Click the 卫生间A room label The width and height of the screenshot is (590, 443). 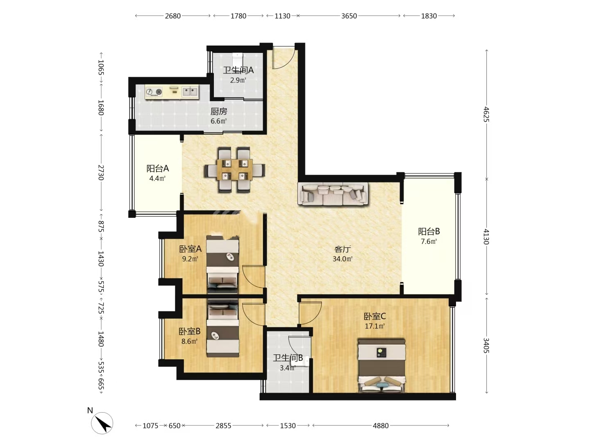[238, 70]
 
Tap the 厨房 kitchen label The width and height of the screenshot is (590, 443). [218, 111]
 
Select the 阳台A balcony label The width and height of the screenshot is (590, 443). [157, 168]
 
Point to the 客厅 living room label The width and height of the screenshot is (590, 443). [343, 249]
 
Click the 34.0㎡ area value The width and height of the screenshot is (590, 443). [343, 259]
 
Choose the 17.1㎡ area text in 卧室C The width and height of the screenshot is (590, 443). [375, 326]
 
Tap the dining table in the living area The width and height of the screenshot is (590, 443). [235, 170]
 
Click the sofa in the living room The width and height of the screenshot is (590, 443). [333, 194]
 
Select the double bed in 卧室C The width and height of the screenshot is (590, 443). [382, 365]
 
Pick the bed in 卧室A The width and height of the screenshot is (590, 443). [222, 265]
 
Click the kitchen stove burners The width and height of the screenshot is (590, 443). [154, 92]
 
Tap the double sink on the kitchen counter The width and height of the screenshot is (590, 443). [190, 91]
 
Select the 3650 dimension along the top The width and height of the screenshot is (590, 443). [349, 16]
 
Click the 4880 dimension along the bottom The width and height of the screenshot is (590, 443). [381, 425]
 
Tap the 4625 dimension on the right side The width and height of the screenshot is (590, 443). [486, 114]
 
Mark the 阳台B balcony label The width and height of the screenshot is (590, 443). [429, 231]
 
